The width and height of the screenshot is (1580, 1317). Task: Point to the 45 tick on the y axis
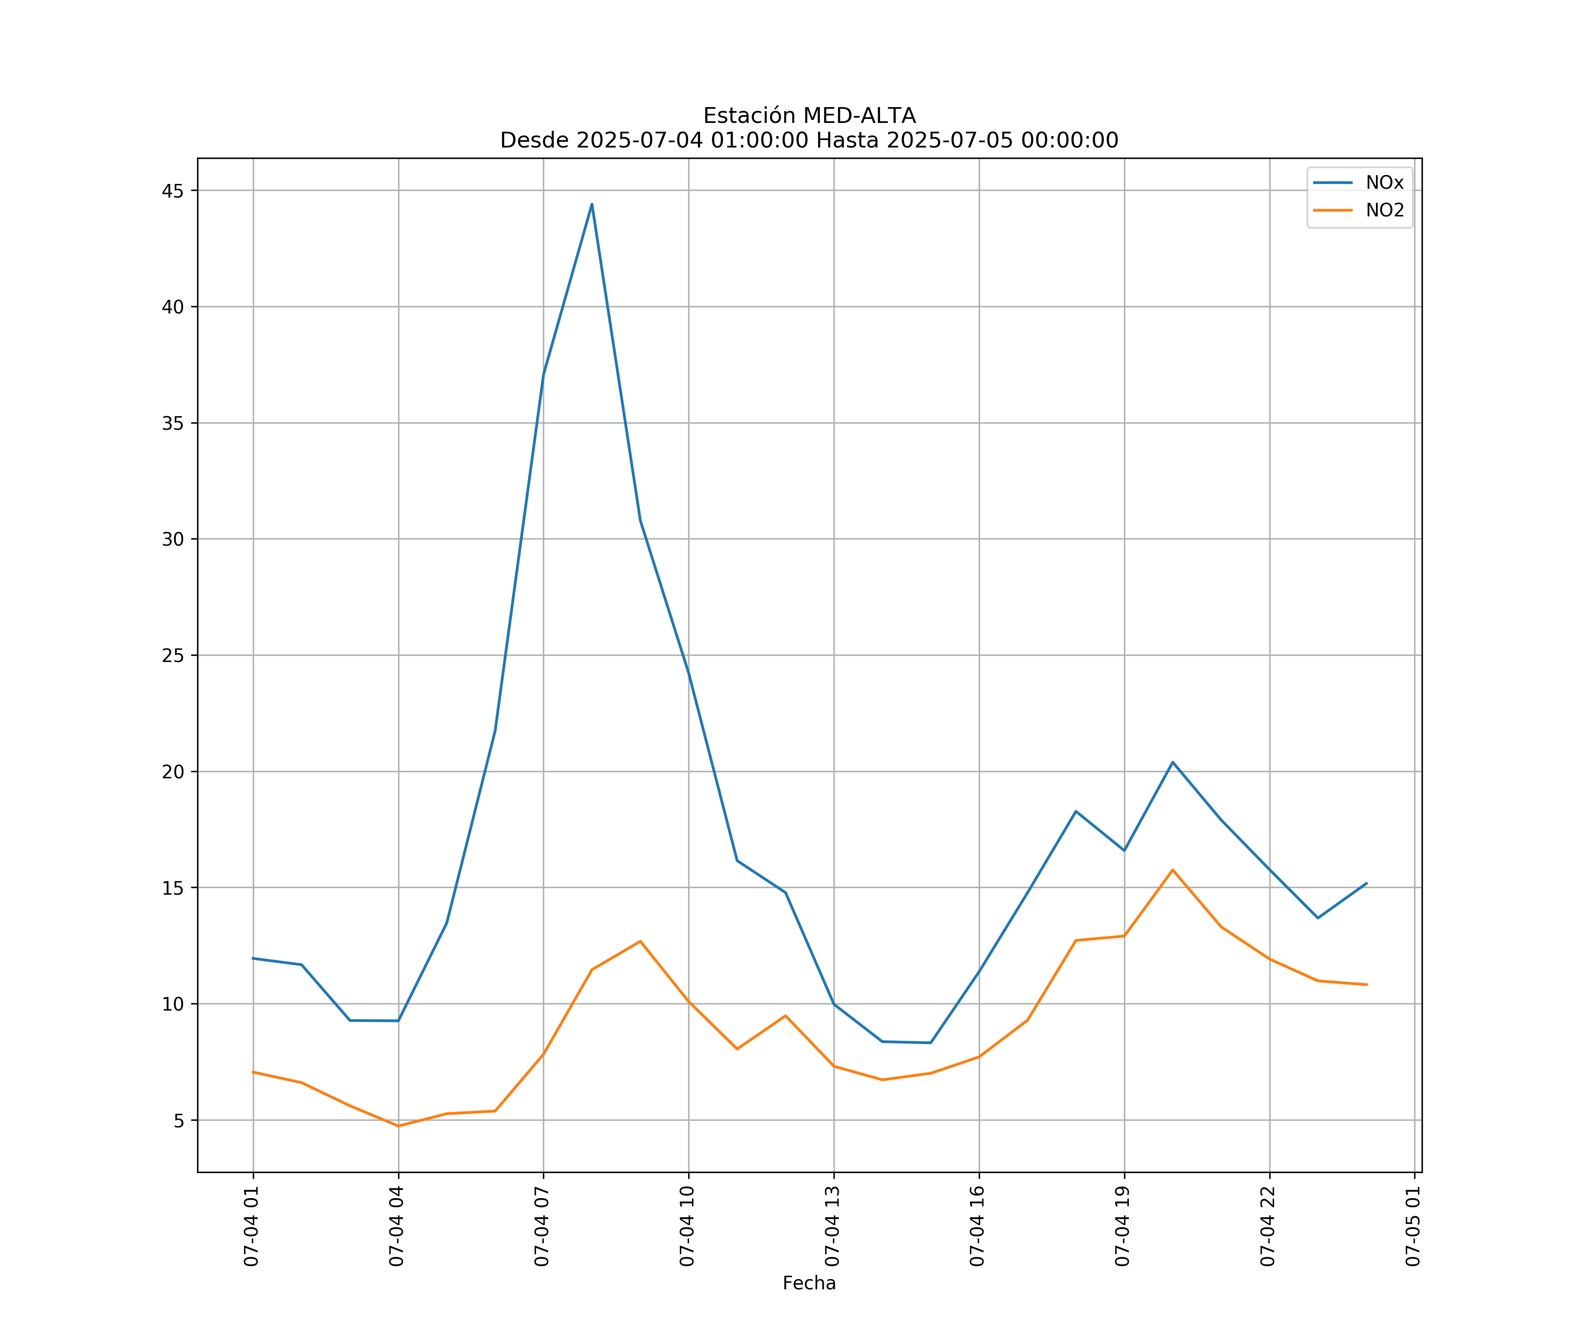point(172,191)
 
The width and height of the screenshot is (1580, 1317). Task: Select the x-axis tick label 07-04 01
point(251,1226)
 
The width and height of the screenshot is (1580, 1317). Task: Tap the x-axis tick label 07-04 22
point(1268,1226)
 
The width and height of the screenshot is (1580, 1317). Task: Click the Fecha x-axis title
point(809,1283)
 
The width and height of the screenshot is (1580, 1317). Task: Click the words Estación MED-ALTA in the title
point(809,116)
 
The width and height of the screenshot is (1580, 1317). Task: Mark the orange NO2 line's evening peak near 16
point(1172,870)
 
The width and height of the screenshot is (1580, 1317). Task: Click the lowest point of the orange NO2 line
point(398,1126)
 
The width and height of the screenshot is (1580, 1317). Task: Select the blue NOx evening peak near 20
point(1172,763)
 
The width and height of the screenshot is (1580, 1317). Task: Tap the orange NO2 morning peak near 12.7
point(640,942)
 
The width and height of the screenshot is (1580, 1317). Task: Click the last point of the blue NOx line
point(1366,884)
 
